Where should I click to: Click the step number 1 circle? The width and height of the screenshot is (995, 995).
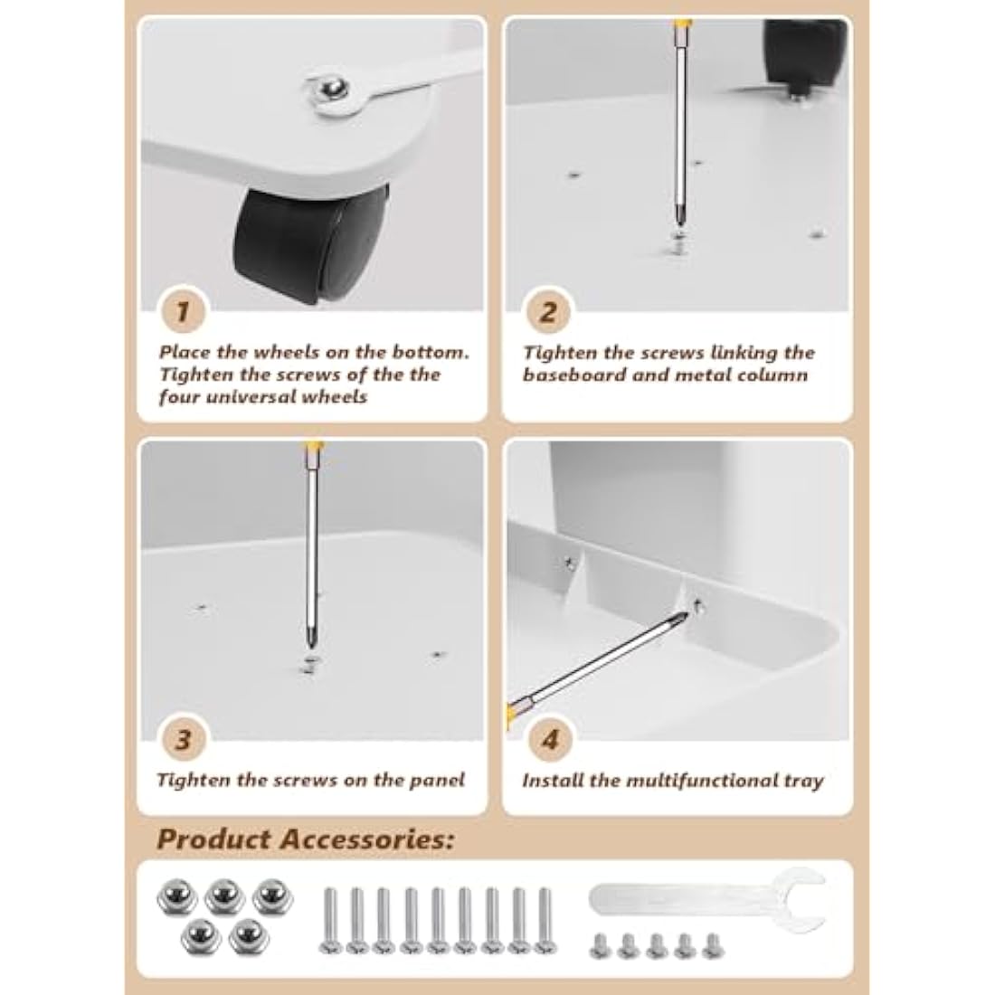pos(183,313)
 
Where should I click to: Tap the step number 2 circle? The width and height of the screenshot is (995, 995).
pos(548,313)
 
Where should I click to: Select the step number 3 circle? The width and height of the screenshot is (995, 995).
pos(183,740)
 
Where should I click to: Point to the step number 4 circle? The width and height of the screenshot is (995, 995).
pos(549,740)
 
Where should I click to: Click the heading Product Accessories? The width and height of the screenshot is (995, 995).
pos(305,839)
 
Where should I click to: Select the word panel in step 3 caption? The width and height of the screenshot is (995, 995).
pos(434,780)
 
